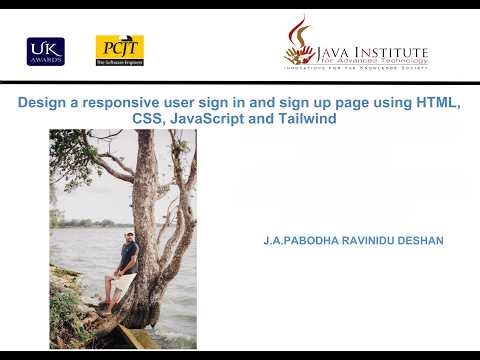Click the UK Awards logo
click(x=45, y=51)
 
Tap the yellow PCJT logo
click(x=119, y=50)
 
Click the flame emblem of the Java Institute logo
click(x=299, y=42)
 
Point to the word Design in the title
click(x=45, y=104)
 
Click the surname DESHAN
click(x=423, y=241)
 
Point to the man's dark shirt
click(x=127, y=257)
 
